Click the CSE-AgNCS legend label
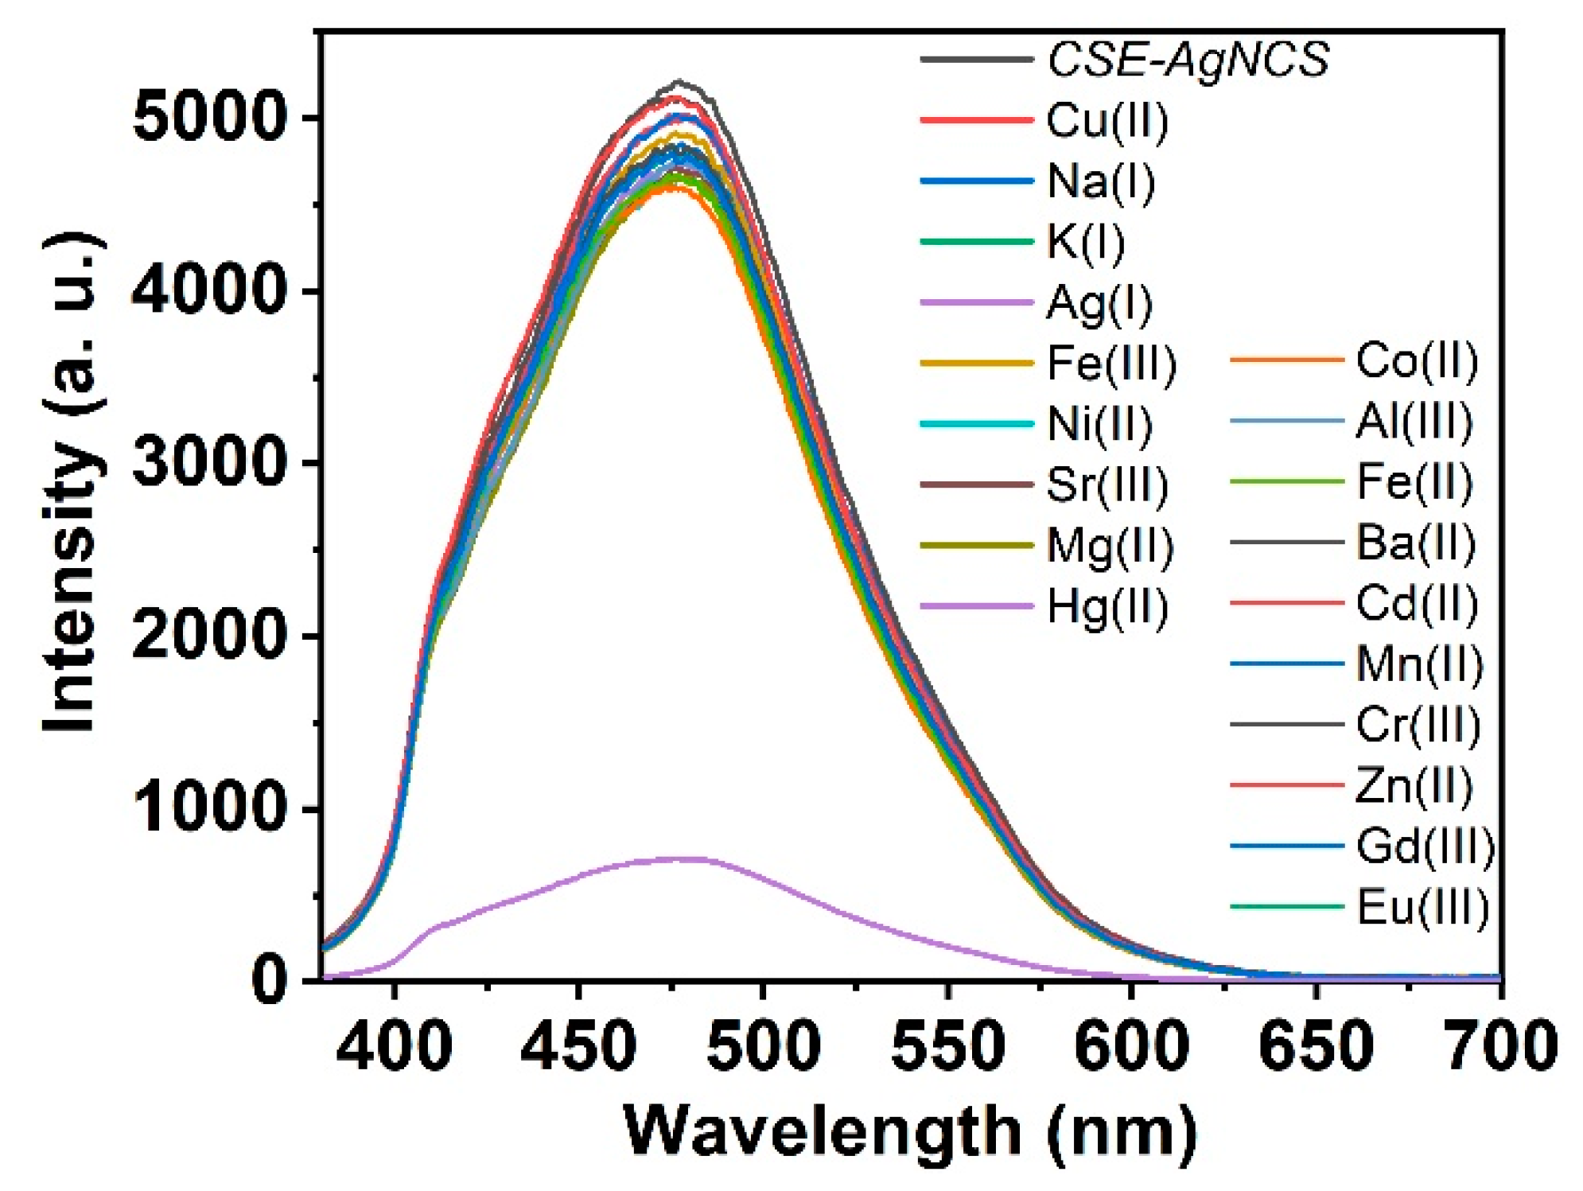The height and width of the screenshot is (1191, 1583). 1188,59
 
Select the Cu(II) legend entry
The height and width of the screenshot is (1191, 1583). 1107,120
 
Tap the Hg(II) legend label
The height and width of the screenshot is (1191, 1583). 1107,607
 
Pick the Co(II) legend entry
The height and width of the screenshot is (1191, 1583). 1417,360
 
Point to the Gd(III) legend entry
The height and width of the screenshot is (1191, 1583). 1425,846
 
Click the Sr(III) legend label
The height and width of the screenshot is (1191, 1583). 1107,485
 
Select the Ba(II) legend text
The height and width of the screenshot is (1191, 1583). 1415,543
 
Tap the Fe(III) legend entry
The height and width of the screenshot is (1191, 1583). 1110,364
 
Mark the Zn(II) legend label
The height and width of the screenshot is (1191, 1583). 1414,785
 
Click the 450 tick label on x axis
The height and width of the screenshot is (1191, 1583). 578,1045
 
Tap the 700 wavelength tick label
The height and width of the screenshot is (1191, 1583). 1499,1045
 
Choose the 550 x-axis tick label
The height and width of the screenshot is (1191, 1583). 947,1045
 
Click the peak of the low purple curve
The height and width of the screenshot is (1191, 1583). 679,858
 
